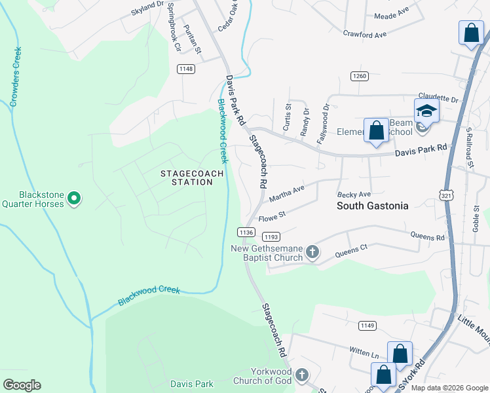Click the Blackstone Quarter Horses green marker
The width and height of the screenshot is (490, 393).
point(74,197)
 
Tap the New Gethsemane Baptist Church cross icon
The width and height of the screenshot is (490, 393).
point(313,252)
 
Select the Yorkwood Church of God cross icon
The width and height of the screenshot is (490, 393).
point(301,375)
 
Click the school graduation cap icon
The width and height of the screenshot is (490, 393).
point(426,111)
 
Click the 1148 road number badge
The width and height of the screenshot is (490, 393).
point(186,69)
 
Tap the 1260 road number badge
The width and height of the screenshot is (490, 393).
point(359,76)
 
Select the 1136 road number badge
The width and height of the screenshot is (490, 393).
point(246,232)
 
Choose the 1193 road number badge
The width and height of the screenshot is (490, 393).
point(271,236)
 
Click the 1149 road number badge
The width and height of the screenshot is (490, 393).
point(367,325)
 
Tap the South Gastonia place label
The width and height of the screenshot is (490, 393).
point(372,206)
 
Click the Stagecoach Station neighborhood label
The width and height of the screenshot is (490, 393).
point(193,178)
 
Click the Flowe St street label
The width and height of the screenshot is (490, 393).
point(273,215)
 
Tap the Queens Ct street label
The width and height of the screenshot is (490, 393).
point(352,250)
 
